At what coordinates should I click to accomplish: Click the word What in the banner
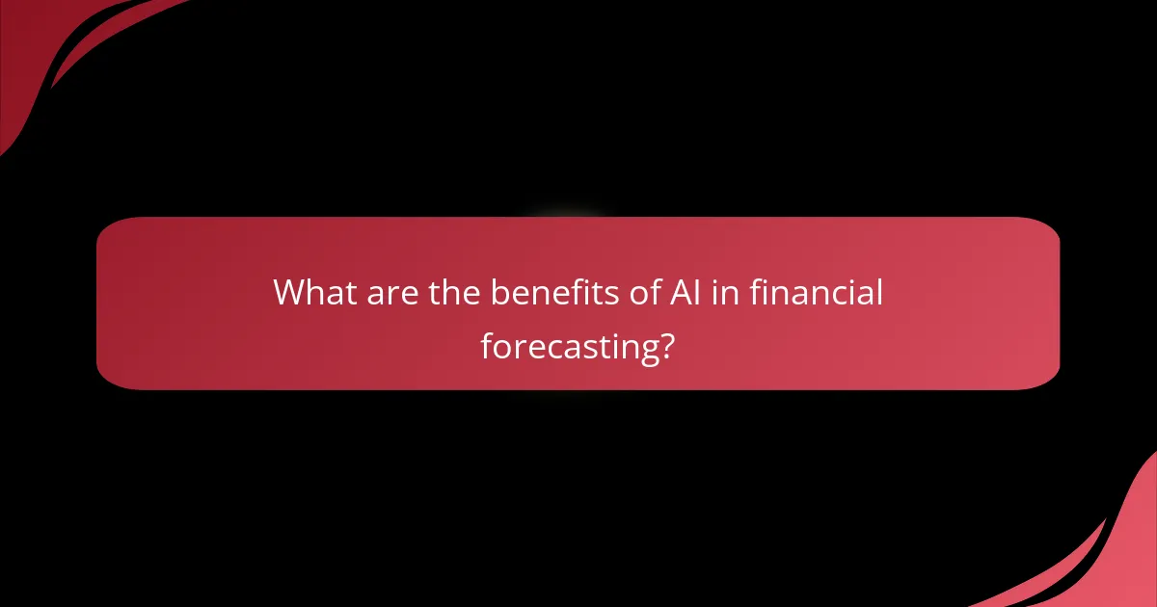314,292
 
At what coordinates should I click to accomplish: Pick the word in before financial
723,292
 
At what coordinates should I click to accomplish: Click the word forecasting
563,346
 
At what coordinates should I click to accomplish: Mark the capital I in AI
691,292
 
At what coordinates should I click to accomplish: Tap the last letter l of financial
878,292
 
